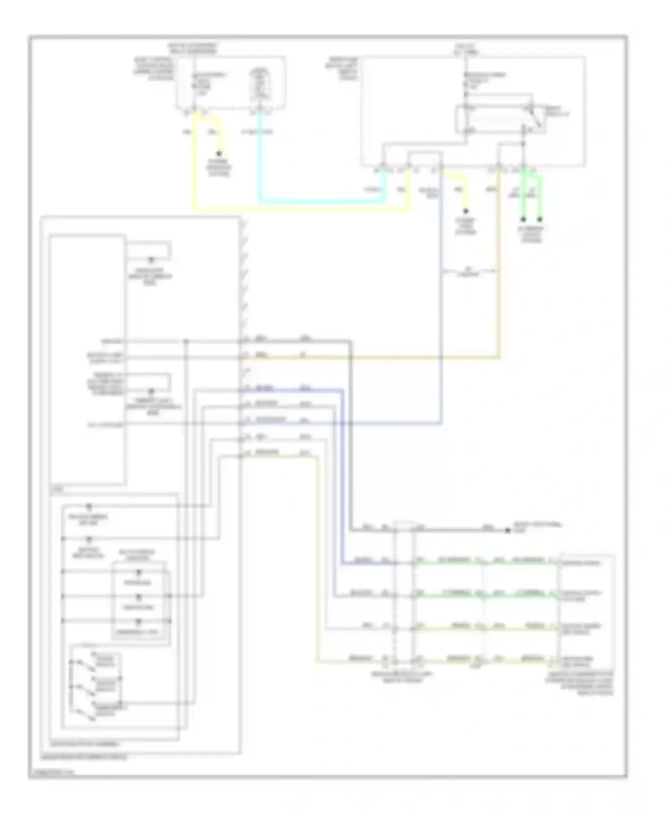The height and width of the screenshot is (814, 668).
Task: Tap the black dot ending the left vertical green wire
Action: [524, 220]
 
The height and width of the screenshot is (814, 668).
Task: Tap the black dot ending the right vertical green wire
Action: [540, 220]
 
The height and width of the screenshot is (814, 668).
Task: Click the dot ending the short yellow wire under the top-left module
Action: [219, 153]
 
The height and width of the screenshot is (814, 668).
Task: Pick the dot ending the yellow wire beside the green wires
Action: [466, 211]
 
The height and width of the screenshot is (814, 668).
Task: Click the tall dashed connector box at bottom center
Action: [404, 592]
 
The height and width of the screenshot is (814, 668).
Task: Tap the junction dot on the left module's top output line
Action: [186, 342]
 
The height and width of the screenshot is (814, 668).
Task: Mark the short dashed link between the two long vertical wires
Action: [469, 271]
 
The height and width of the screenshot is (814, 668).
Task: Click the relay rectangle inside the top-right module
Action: [494, 119]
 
